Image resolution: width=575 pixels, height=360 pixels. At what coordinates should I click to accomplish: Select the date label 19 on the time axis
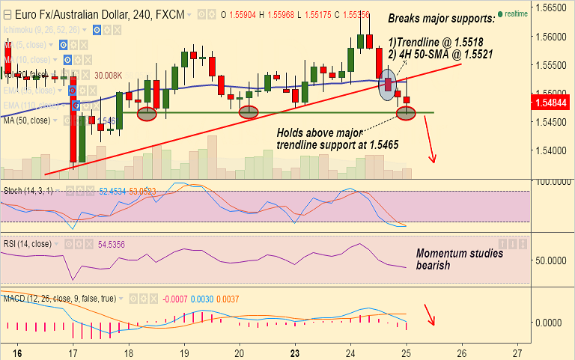(x=183, y=352)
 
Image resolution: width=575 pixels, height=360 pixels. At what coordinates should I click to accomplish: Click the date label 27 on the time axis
(x=517, y=352)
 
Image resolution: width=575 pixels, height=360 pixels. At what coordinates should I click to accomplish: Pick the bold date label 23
(x=295, y=352)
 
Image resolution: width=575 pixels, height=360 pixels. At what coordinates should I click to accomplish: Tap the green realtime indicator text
(x=516, y=13)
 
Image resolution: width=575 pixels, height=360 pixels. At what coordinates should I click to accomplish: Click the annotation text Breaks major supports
(x=442, y=18)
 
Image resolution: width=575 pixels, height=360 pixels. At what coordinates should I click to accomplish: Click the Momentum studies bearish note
(x=459, y=259)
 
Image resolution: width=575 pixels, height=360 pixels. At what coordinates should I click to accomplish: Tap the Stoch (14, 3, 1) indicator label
(x=27, y=192)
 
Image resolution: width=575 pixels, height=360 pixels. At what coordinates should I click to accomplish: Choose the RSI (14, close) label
(x=27, y=244)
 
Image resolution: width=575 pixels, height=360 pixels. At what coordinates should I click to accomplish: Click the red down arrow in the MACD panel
(x=429, y=314)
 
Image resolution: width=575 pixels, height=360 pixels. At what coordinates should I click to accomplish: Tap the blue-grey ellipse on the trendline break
(x=387, y=84)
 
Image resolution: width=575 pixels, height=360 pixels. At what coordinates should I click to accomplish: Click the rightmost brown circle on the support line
(x=407, y=113)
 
